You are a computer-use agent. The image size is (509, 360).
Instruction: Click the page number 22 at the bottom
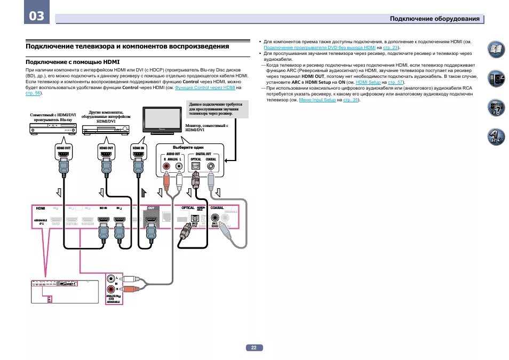(254, 348)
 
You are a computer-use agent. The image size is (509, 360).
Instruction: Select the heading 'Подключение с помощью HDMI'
(73, 62)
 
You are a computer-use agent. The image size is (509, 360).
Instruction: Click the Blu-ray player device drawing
(53, 129)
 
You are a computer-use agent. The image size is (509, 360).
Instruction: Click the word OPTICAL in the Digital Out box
(196, 159)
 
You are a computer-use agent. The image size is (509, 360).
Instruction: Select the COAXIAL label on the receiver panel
(217, 208)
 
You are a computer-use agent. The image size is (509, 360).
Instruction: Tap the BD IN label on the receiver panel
(104, 208)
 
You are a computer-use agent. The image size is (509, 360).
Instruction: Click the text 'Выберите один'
(188, 147)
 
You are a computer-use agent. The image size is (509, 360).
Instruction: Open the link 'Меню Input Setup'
(317, 100)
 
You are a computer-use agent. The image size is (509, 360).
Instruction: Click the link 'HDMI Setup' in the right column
(368, 83)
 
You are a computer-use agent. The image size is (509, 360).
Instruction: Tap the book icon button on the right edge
(496, 50)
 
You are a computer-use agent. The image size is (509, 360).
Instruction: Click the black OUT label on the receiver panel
(151, 209)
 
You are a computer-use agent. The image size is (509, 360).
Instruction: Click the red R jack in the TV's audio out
(167, 166)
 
